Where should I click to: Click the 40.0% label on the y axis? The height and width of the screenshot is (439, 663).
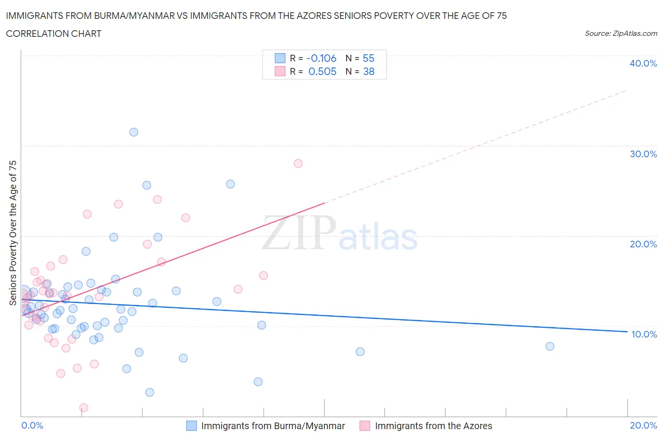point(643,63)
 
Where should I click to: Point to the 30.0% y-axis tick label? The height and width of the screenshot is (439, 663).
point(643,154)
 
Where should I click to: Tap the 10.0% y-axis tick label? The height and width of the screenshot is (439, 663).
point(644,334)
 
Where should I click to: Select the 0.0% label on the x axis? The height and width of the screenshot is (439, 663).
point(32,425)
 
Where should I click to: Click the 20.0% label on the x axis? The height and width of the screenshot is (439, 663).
point(643,425)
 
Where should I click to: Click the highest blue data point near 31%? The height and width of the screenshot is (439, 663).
point(134,132)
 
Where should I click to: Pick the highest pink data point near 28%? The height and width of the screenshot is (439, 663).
point(298,163)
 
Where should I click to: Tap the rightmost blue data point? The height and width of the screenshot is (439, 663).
point(550,346)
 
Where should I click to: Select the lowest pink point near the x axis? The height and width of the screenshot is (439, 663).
point(83,408)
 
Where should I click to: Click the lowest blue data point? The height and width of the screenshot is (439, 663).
point(149,392)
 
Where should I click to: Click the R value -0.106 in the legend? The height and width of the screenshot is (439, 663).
point(321,58)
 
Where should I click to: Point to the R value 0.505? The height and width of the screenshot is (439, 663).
point(322,71)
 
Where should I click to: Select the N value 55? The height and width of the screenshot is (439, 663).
point(368,58)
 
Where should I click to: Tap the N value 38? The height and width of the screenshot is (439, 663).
point(368,71)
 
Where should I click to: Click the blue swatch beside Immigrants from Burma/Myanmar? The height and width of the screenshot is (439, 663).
point(191,426)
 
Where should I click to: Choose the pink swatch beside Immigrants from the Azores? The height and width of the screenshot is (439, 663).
point(365,426)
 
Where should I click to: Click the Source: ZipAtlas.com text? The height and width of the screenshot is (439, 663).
point(621,34)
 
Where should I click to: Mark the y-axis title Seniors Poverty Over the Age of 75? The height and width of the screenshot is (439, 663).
point(13,233)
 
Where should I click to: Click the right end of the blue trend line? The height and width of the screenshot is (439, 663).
point(627,331)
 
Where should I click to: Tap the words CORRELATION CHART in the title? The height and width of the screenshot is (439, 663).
point(54,34)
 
